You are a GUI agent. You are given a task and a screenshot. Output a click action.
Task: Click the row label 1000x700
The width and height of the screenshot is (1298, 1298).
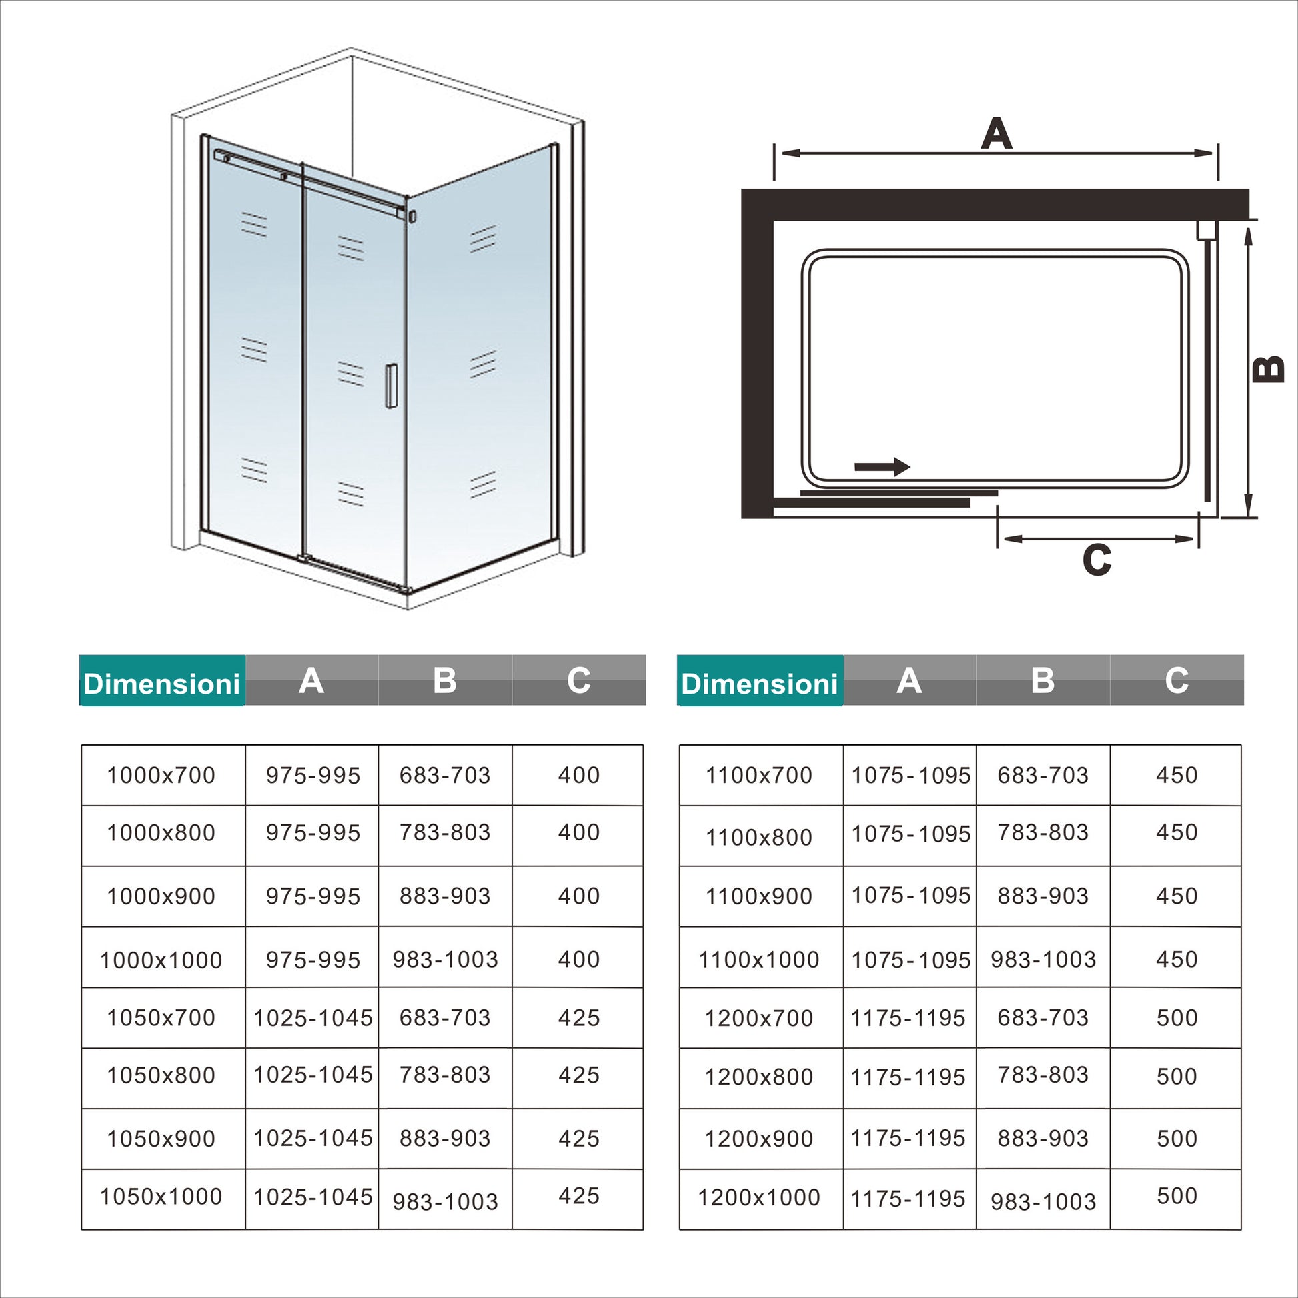161,775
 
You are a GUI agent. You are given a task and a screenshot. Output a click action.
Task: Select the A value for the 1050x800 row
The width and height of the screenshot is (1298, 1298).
312,1075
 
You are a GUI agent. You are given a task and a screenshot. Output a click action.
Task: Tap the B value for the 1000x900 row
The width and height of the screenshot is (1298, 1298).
445,896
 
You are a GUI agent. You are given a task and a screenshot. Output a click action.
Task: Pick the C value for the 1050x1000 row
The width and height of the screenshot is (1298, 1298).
578,1196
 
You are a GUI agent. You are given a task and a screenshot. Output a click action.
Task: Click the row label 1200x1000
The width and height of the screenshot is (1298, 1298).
759,1197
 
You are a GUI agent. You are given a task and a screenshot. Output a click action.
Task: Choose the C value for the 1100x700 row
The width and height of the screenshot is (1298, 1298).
1177,775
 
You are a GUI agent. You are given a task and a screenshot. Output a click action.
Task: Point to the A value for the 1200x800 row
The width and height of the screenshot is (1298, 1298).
908,1077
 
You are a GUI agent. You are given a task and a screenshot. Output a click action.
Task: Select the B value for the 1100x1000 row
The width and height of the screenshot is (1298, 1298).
1043,959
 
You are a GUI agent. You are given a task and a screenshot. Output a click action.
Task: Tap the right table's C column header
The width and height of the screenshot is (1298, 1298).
1177,680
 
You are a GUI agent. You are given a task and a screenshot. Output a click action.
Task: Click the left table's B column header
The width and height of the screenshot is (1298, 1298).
445,680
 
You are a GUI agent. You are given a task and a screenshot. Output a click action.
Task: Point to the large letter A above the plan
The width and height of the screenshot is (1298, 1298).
996,133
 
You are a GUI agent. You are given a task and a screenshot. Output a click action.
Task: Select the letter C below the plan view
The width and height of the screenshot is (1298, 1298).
1097,560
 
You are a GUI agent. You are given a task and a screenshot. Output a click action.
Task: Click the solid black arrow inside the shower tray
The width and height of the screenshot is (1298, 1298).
882,466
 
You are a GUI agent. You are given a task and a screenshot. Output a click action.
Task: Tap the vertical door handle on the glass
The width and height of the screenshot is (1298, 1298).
391,386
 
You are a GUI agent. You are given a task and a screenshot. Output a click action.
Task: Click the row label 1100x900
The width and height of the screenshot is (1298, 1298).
759,896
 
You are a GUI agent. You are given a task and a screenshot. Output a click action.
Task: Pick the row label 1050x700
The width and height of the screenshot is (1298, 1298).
161,1018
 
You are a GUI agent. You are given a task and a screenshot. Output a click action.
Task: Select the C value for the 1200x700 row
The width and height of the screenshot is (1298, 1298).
1177,1018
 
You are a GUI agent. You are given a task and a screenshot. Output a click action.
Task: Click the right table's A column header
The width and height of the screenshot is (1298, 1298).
909,680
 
